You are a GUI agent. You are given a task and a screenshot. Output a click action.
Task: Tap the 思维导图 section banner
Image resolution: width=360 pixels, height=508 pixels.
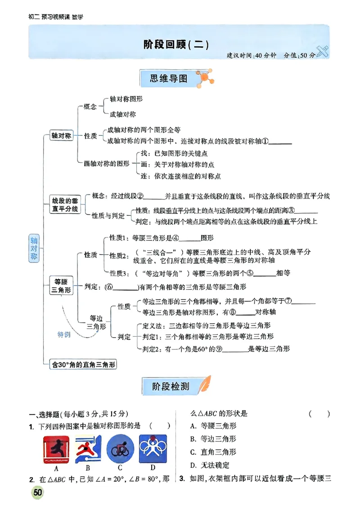[170, 78]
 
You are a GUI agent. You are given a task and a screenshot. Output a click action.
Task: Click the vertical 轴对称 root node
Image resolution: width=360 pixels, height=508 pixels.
[34, 248]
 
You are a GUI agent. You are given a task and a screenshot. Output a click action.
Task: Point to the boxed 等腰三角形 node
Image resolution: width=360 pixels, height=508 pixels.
[61, 286]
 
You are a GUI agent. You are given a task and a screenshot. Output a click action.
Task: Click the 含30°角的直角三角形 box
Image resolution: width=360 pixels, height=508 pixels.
[82, 365]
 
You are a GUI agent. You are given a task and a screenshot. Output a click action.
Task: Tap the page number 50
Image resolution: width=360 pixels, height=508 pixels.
[37, 493]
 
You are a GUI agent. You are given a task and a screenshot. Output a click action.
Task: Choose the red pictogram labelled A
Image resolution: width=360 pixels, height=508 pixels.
[57, 449]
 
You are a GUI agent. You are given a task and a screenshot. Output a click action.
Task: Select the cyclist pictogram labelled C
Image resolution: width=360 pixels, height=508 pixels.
[120, 448]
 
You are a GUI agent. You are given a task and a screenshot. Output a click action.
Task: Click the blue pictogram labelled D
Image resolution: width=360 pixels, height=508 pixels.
[153, 448]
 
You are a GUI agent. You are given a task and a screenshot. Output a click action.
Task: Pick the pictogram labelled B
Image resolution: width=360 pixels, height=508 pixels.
[89, 449]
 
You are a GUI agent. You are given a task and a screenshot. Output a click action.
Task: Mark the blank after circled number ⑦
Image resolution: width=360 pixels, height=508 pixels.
[306, 302]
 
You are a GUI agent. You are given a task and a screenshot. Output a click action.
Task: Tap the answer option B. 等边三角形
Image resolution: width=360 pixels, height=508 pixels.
[213, 439]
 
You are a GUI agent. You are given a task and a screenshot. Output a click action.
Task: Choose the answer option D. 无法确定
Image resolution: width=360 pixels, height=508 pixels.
[210, 465]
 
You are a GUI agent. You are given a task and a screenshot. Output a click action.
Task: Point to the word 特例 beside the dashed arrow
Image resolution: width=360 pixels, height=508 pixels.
[64, 334]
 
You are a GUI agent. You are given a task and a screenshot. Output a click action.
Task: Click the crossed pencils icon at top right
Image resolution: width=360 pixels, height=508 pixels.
[323, 52]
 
